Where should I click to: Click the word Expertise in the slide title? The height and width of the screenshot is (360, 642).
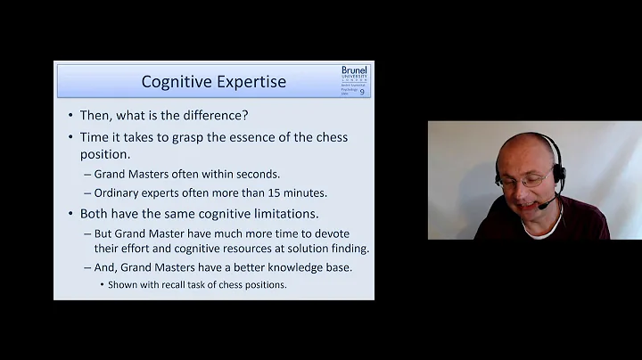[x=252, y=82]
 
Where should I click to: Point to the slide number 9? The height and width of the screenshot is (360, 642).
[x=362, y=92]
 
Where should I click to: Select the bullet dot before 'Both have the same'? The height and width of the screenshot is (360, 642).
[x=70, y=214]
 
